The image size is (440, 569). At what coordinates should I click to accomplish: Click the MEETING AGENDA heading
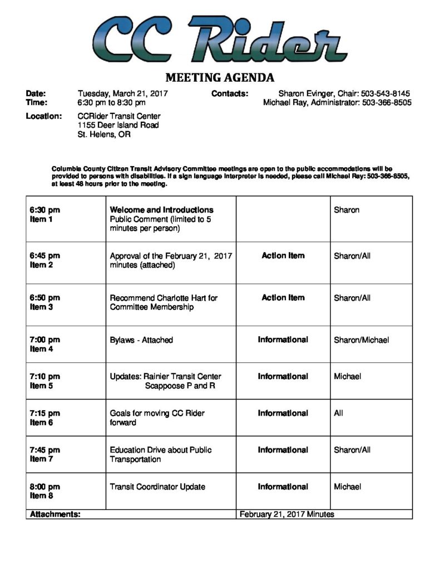[x=220, y=77]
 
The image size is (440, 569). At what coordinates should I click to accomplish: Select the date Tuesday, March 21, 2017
[x=123, y=94]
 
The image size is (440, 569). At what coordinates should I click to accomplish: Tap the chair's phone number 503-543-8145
[x=386, y=94]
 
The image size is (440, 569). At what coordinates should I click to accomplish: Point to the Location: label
[x=44, y=116]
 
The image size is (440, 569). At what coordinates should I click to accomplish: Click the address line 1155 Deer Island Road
[x=118, y=126]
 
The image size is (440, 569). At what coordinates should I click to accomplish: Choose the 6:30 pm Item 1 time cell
[x=45, y=214]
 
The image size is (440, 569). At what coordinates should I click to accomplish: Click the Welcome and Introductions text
[x=161, y=210]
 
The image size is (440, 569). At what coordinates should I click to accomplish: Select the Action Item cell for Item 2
[x=283, y=256]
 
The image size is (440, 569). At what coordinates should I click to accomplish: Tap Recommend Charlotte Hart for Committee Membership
[x=164, y=302]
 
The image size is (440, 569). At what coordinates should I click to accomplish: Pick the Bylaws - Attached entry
[x=141, y=340]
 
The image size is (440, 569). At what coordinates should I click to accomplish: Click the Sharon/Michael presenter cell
[x=361, y=340]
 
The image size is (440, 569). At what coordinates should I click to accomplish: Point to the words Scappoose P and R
[x=180, y=386]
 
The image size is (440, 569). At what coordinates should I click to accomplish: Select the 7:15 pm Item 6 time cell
[x=45, y=418]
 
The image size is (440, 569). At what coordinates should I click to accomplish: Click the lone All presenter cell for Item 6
[x=338, y=413]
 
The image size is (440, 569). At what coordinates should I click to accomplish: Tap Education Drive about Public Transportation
[x=161, y=455]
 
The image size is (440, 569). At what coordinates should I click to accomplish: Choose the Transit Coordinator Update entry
[x=157, y=487]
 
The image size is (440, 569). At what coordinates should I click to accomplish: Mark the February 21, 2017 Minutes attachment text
[x=286, y=515]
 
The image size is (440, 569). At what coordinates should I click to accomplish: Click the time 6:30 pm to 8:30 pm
[x=111, y=103]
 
